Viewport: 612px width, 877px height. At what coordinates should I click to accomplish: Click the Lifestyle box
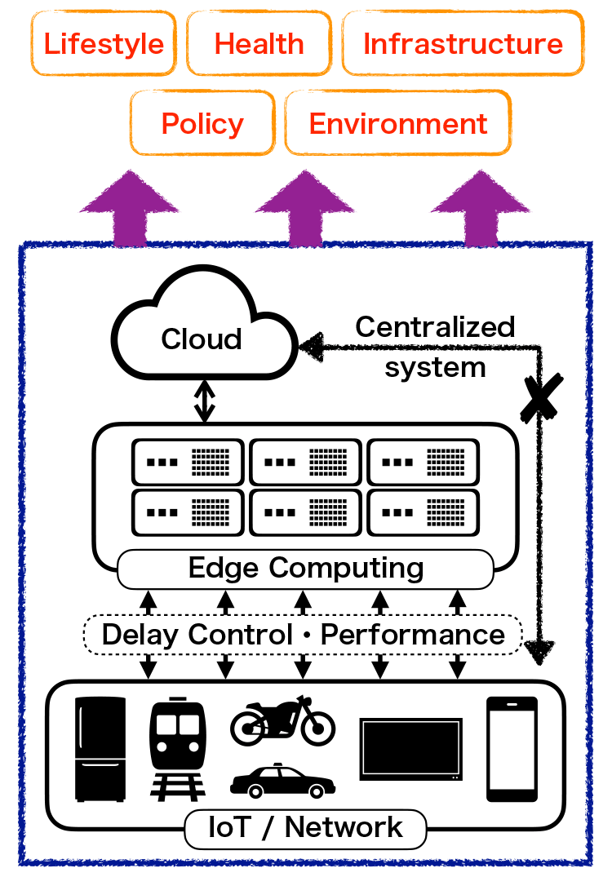tap(104, 43)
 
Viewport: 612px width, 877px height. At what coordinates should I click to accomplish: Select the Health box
tap(259, 43)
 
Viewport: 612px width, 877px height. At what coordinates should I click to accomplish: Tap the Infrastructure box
tap(463, 43)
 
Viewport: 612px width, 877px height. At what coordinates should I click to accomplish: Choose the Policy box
tap(202, 123)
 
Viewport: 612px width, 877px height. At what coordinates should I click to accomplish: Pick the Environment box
tap(397, 123)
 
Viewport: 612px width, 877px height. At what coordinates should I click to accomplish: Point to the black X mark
tap(541, 397)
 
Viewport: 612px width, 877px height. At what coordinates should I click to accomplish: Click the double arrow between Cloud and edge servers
tap(205, 401)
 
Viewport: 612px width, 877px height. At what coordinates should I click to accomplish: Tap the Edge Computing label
tap(305, 569)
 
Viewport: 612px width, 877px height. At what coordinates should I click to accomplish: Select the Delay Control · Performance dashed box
tap(303, 635)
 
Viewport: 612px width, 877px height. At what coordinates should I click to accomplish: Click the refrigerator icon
tap(100, 749)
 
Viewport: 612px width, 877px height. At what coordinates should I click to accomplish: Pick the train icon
tap(178, 749)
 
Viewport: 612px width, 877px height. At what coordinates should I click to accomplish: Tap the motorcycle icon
tap(282, 721)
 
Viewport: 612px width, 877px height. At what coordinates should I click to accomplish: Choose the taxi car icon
tap(282, 780)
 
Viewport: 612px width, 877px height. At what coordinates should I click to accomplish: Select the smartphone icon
tap(512, 749)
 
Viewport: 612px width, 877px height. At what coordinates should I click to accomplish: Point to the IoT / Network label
tap(305, 828)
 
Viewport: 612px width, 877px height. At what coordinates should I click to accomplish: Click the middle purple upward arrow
tap(305, 208)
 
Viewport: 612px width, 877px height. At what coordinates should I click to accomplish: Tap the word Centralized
tap(435, 326)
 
